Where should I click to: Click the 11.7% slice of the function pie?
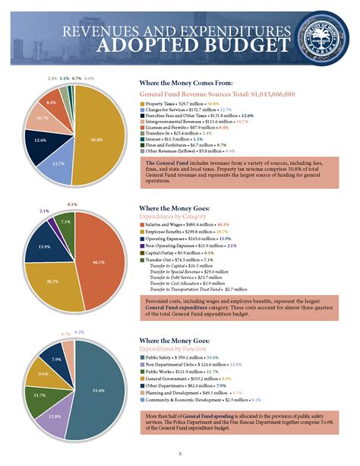(x=38, y=395)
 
